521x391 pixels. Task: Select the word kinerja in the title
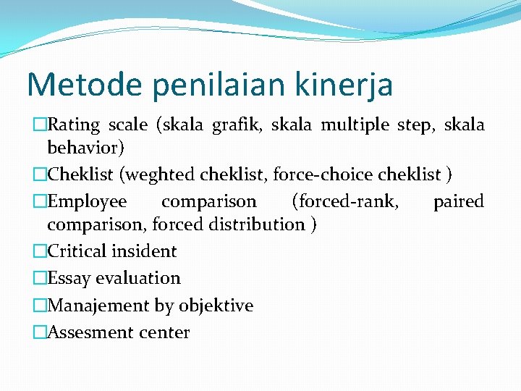[349, 85]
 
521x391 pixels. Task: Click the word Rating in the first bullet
[73, 125]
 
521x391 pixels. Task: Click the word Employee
[87, 201]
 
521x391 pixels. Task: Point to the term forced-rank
[344, 201]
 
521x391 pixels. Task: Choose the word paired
[458, 201]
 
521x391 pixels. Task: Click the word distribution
[257, 224]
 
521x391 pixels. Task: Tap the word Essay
[69, 278]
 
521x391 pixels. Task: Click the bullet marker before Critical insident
[40, 251]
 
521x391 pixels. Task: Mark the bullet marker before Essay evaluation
[40, 278]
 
